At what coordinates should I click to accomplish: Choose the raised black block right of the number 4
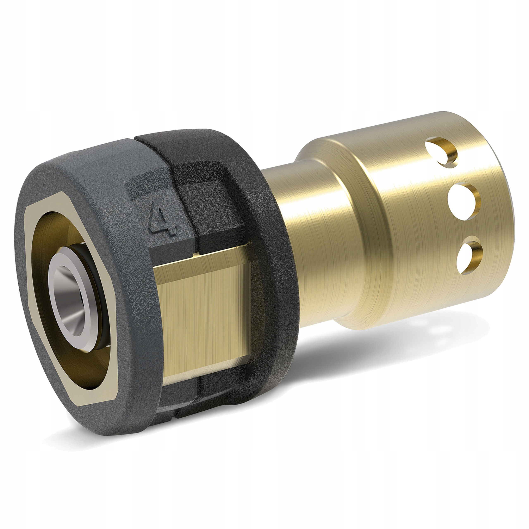(211, 203)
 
